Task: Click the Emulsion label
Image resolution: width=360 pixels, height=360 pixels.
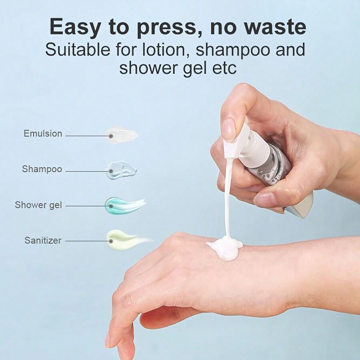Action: (43, 134)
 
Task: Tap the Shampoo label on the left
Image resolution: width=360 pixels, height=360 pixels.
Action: (42, 169)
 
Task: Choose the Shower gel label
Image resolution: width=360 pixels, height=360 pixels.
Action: (38, 205)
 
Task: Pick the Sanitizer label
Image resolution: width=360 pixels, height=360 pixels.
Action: (43, 240)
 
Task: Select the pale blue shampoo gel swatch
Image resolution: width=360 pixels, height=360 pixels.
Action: (121, 170)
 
